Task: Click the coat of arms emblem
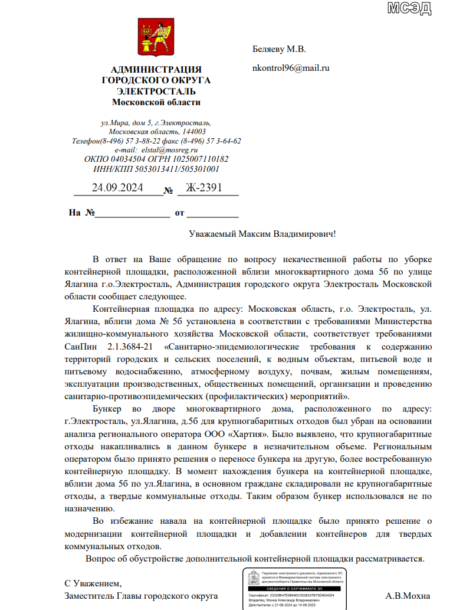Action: coord(156,37)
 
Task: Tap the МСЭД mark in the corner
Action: coord(409,8)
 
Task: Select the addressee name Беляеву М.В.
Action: coord(279,49)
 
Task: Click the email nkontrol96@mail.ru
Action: coord(290,67)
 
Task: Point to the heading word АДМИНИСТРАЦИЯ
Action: coord(156,70)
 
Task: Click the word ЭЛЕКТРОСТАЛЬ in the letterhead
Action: coord(156,91)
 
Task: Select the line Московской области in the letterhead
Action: coord(156,102)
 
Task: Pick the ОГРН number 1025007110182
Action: coord(201,159)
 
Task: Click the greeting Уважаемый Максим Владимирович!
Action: coord(262,234)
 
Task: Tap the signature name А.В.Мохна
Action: coord(408,596)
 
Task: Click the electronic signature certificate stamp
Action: coord(294,589)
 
